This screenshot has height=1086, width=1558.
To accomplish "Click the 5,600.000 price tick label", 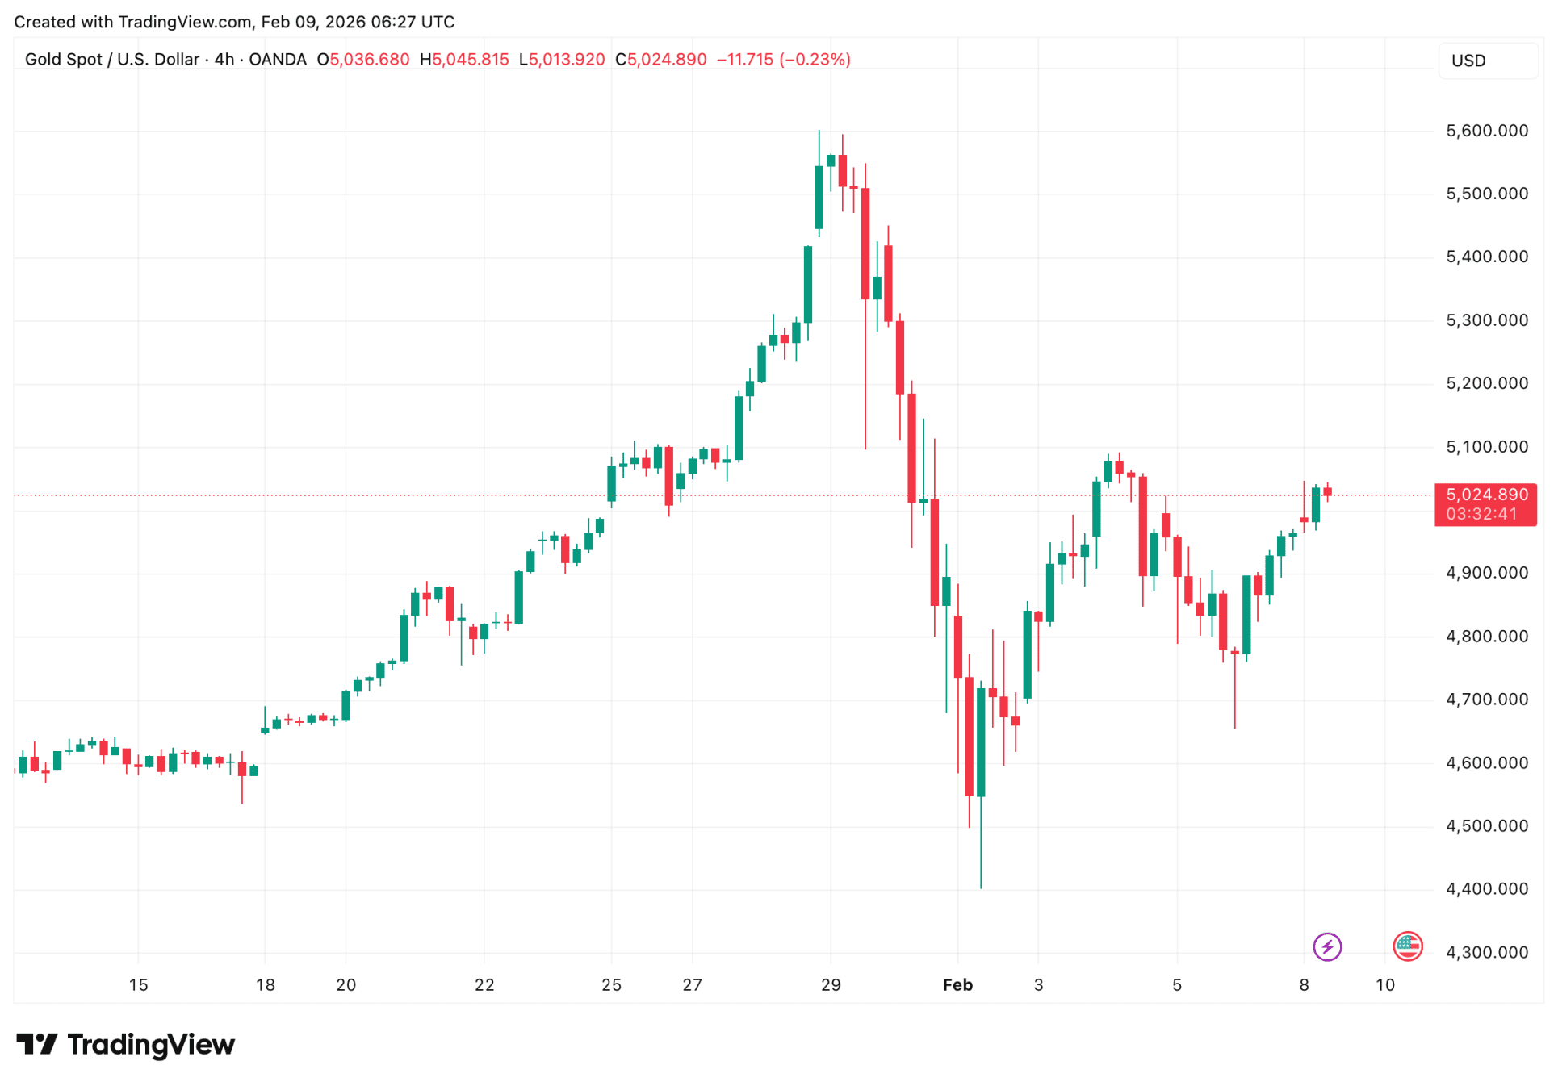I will pos(1486,131).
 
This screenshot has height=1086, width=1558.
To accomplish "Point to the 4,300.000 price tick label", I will pos(1486,952).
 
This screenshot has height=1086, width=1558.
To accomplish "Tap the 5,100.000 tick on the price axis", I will pos(1486,447).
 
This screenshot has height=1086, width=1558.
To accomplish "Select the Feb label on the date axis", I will pos(957,984).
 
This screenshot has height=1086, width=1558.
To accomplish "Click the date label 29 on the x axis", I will pos(831,984).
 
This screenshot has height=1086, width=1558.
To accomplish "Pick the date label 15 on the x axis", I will pos(138,984).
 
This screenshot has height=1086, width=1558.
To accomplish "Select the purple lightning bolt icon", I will pos(1327,946).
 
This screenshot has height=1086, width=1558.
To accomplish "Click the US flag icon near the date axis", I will pos(1407,946).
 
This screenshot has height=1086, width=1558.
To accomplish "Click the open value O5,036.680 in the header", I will pos(363,60).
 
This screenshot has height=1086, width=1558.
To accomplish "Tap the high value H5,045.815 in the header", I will pos(464,60).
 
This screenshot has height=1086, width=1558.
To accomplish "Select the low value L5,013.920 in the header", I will pos(562,60).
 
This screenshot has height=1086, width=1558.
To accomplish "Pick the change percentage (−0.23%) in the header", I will pos(815,60).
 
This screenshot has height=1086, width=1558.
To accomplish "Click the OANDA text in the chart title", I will pos(278,60).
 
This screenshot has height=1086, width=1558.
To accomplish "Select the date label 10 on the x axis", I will pos(1385,984).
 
